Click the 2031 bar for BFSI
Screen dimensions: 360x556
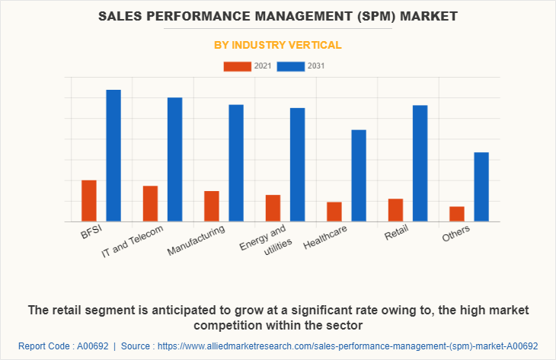click(x=113, y=155)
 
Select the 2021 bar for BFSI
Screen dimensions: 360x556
click(x=89, y=201)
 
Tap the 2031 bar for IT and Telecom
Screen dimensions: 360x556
click(x=175, y=159)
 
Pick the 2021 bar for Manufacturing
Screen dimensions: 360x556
click(x=212, y=206)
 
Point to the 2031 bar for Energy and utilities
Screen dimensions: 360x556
click(x=297, y=164)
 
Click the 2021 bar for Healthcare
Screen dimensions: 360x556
click(x=334, y=212)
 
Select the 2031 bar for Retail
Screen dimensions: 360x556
click(x=420, y=163)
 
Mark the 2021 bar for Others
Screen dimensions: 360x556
click(x=456, y=214)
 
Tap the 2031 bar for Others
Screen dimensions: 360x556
click(x=481, y=186)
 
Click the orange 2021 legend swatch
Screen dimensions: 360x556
click(x=237, y=66)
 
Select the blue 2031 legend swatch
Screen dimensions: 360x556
click(x=290, y=66)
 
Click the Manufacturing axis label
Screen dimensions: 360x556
click(x=197, y=240)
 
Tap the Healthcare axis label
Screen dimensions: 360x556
click(x=325, y=238)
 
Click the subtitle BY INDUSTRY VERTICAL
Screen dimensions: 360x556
click(x=277, y=45)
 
